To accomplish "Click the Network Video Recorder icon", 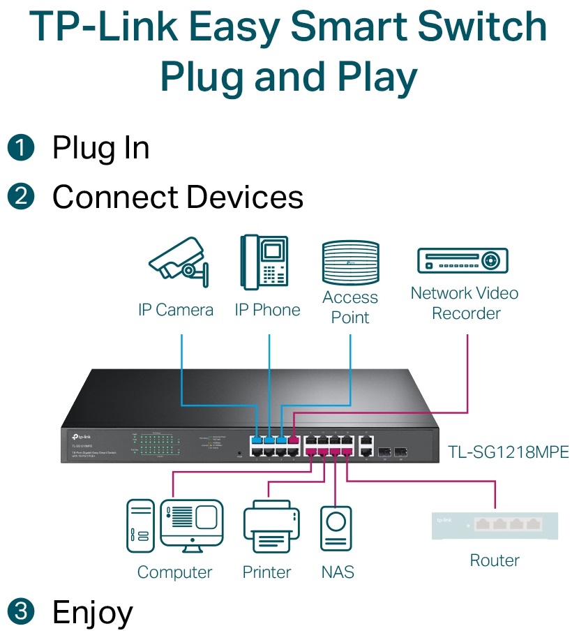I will tap(463, 260).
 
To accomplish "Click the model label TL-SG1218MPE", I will tap(509, 452).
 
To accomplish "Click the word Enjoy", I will tap(92, 613).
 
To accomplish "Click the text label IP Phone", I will tap(267, 310).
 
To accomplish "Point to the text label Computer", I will tap(174, 572).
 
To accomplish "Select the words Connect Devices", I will tap(178, 197).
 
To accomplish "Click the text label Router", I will tap(495, 560).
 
